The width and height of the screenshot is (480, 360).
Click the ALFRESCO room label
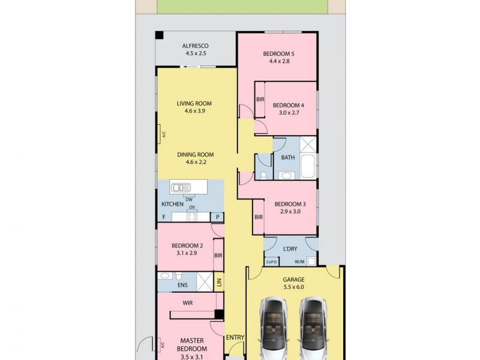[196, 46]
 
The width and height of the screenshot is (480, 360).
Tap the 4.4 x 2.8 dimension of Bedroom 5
[279, 61]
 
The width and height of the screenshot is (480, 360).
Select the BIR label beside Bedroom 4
[260, 99]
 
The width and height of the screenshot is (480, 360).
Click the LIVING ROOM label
[194, 103]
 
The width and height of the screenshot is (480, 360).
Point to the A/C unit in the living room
[160, 134]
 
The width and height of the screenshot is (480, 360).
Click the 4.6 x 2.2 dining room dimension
[196, 162]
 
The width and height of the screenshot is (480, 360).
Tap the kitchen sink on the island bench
[181, 187]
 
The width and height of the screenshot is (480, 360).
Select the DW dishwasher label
[189, 200]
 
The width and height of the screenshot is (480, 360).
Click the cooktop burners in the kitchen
[192, 217]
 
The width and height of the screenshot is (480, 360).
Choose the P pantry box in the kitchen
[217, 217]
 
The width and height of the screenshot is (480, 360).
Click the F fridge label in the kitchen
[164, 217]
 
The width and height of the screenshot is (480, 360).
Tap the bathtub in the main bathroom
[308, 167]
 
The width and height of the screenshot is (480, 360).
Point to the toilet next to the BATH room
[263, 175]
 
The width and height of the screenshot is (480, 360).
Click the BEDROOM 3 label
[290, 204]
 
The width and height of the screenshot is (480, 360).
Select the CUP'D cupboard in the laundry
[272, 262]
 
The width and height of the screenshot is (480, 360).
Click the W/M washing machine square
[311, 262]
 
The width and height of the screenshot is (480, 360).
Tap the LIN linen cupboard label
[219, 282]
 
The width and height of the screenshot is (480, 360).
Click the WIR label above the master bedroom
[188, 303]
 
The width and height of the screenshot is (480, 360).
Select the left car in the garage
[274, 328]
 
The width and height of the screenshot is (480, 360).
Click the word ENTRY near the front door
[235, 337]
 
